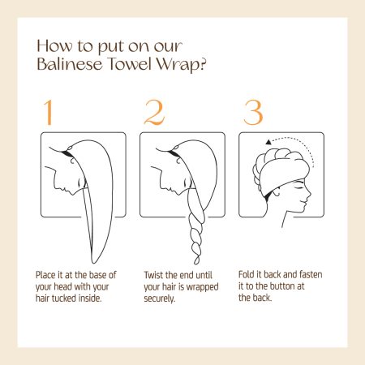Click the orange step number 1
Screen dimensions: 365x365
(48, 112)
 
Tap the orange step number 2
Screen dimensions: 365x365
(154, 112)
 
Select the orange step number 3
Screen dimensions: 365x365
(253, 112)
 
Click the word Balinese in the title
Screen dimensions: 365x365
(70, 64)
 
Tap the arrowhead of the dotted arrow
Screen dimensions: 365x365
(268, 142)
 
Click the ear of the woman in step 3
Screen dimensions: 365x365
(277, 192)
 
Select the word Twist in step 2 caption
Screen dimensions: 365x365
(153, 275)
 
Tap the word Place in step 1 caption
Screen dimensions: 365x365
(45, 275)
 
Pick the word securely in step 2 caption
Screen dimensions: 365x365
(159, 298)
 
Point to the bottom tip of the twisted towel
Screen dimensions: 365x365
(196, 263)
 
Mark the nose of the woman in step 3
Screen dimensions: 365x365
(309, 193)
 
